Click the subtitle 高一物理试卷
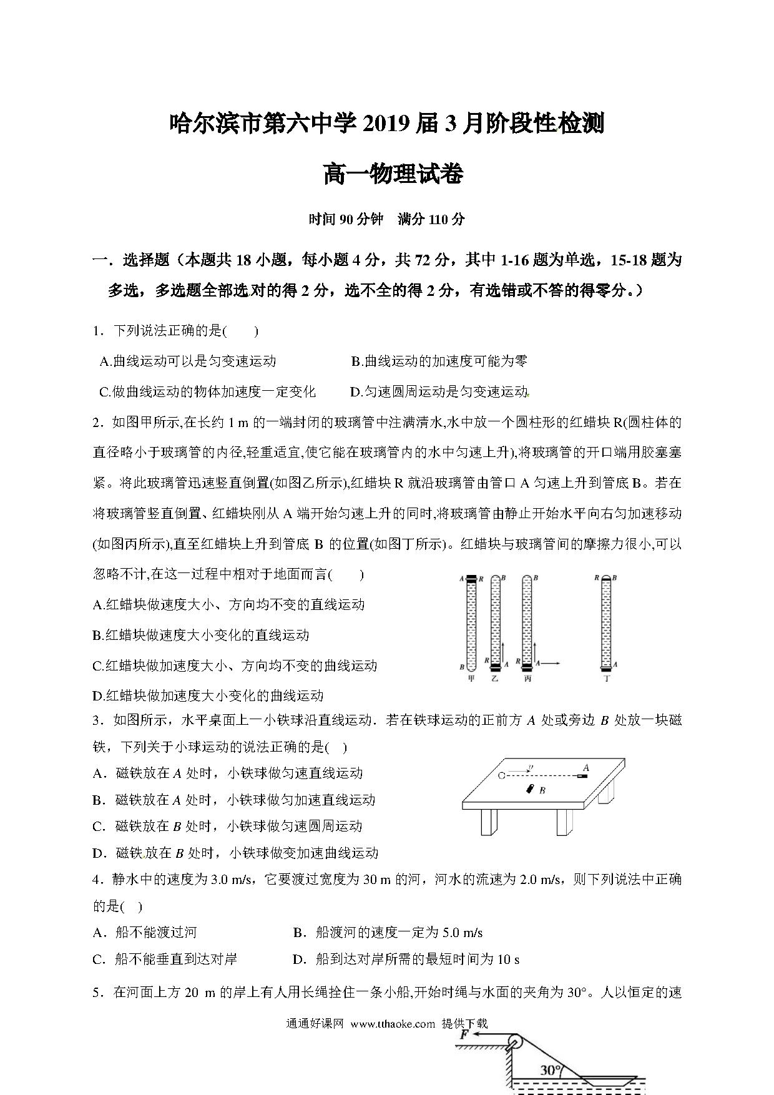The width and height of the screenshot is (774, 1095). [x=393, y=174]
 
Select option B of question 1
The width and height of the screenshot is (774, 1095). [x=439, y=361]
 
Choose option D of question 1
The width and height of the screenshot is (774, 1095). [x=439, y=392]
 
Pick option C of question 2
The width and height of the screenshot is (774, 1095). [x=235, y=665]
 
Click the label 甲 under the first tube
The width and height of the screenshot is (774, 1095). [x=471, y=679]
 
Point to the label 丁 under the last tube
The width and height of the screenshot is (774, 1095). [x=606, y=679]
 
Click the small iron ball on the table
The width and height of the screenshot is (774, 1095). [x=502, y=776]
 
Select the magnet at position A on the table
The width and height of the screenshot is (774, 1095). [x=582, y=777]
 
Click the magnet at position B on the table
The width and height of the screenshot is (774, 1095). [x=531, y=789]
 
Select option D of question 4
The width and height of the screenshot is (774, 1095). [x=406, y=960]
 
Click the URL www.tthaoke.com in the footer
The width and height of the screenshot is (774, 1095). [x=393, y=1024]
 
